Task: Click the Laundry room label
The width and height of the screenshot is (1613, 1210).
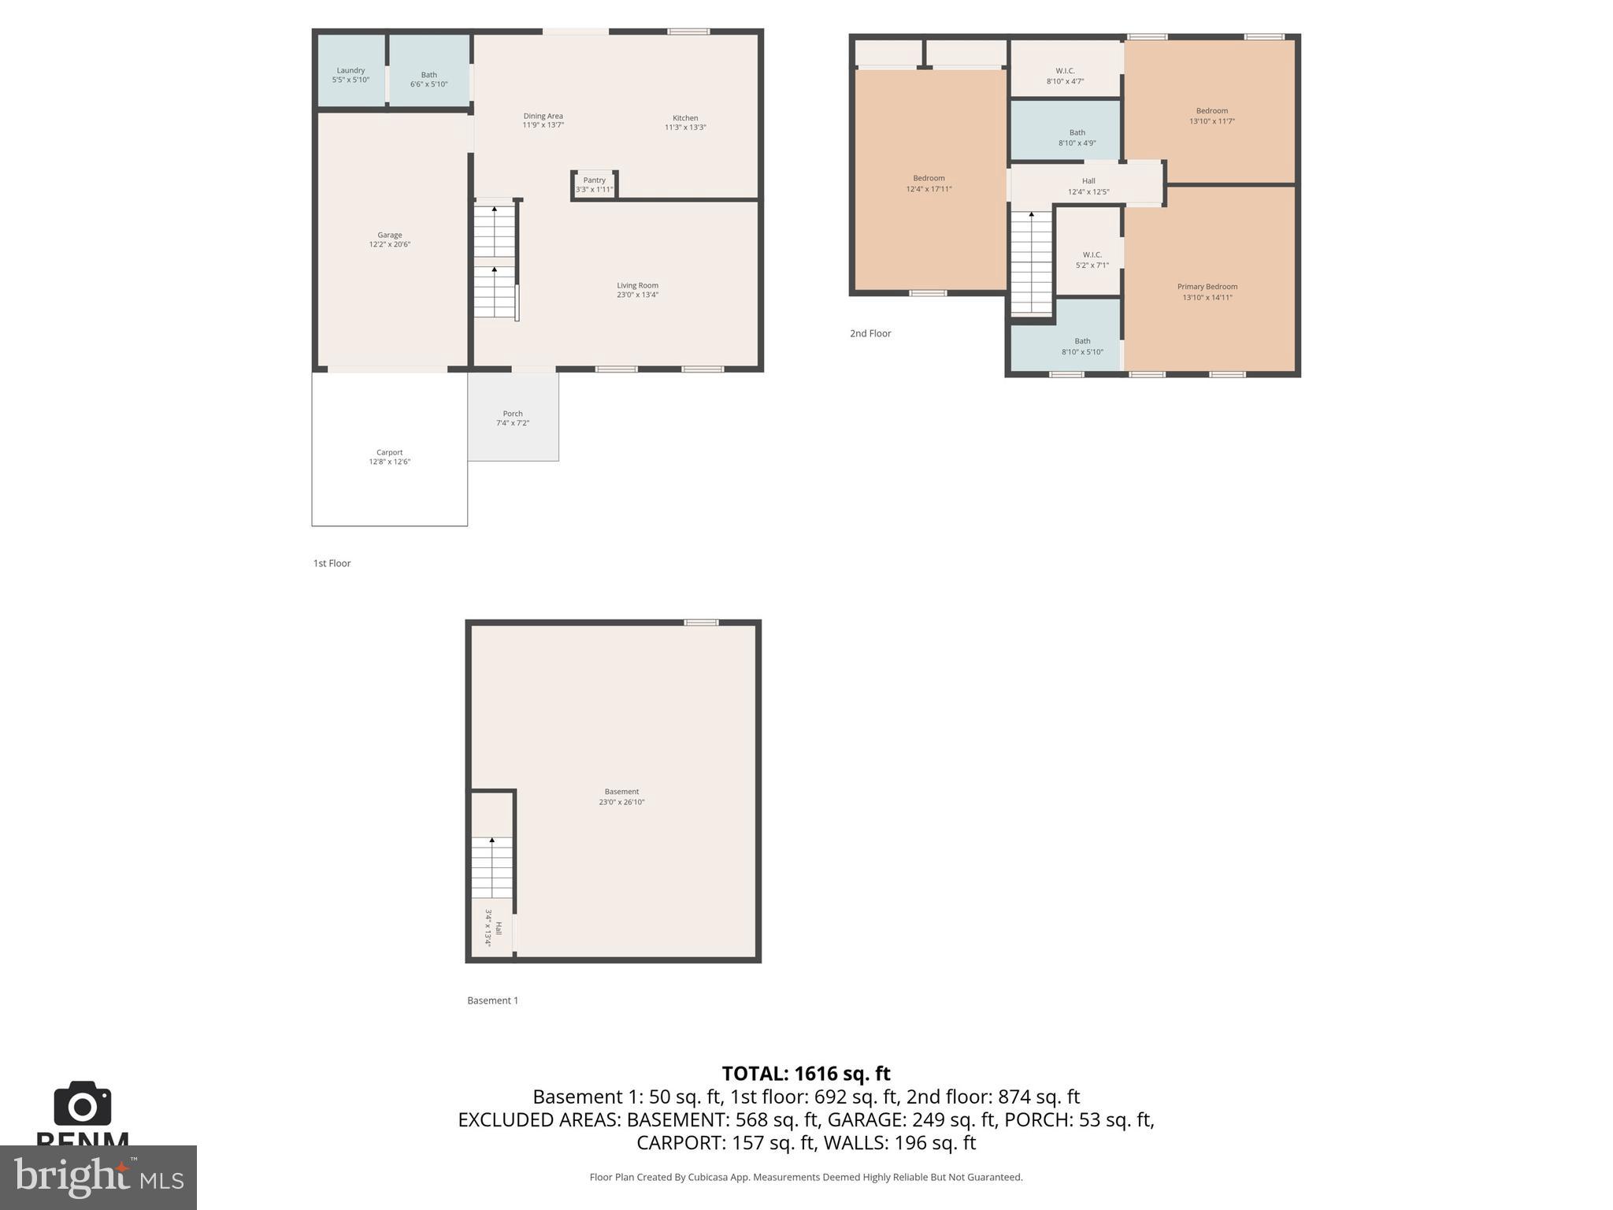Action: click(x=350, y=71)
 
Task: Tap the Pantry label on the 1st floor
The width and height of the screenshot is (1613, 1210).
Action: click(x=595, y=180)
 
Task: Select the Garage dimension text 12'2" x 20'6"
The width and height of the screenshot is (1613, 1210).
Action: click(x=390, y=245)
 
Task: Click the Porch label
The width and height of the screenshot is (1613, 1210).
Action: click(x=513, y=414)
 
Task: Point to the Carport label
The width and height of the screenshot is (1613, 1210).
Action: click(x=389, y=453)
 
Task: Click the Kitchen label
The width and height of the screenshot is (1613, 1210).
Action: click(x=685, y=118)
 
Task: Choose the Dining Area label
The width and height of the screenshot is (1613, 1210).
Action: click(x=543, y=116)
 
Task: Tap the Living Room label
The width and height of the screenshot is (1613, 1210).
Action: click(x=637, y=286)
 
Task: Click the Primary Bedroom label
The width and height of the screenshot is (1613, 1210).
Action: click(x=1207, y=287)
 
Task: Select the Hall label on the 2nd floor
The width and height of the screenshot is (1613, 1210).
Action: click(x=1088, y=181)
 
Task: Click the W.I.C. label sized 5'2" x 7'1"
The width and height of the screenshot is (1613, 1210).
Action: click(x=1092, y=255)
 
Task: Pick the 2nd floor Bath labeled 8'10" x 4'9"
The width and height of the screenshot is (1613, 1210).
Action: click(x=1077, y=133)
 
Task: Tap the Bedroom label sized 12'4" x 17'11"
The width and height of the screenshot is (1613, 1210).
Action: click(x=929, y=179)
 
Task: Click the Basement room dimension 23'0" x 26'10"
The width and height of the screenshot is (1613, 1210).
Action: click(x=621, y=803)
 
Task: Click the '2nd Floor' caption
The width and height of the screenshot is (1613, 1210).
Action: click(x=870, y=334)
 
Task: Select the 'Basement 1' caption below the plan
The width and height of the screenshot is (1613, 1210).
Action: click(x=492, y=1001)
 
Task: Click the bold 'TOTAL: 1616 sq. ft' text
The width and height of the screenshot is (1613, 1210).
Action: click(x=806, y=1074)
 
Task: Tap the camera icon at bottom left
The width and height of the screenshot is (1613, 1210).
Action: click(x=83, y=1104)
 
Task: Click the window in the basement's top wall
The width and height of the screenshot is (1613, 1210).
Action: click(x=701, y=623)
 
